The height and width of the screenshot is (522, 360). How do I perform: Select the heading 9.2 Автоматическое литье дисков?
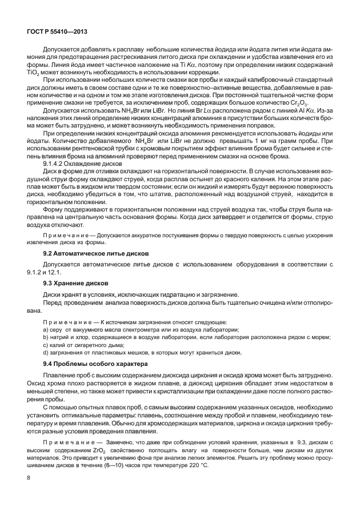(x=97, y=253)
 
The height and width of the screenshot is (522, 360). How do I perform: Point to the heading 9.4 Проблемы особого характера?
(x=91, y=364)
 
